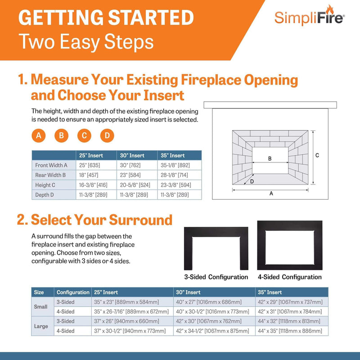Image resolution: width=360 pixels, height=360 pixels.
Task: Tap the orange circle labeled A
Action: (39, 135)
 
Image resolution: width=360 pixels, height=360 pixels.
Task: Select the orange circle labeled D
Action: (107, 135)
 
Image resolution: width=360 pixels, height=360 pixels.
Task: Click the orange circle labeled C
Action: (84, 135)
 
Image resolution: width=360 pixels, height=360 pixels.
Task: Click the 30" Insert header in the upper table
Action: (132, 155)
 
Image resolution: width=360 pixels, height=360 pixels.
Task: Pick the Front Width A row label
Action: (51, 165)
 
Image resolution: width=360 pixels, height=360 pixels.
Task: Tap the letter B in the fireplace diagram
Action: (270, 158)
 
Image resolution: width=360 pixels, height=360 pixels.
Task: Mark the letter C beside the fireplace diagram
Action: (317, 155)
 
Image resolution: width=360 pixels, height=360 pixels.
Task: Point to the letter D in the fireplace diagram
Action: (252, 181)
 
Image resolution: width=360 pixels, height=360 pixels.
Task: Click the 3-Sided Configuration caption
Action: (216, 277)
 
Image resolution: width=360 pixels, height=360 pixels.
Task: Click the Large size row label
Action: (41, 326)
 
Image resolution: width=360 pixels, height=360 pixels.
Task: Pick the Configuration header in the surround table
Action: (72, 292)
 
